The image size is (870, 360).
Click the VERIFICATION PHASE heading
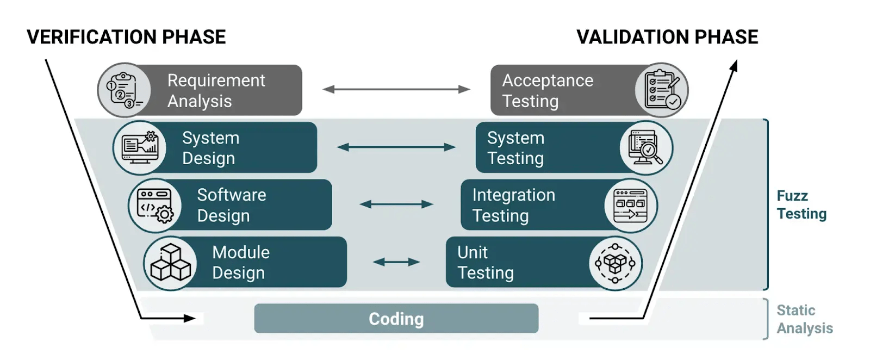(126, 37)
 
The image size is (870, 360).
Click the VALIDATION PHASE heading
(667, 37)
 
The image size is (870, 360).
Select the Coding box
(396, 319)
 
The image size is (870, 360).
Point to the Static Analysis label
(804, 319)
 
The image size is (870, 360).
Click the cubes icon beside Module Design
(170, 263)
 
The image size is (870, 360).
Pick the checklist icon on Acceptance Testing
(661, 90)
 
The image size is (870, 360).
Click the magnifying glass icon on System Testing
(646, 147)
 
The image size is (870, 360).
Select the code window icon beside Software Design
(155, 205)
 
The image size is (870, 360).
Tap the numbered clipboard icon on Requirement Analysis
(124, 90)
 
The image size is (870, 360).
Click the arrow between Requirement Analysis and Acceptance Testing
(396, 89)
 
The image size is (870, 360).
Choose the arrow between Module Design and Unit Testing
(396, 262)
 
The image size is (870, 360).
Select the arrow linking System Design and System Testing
(396, 147)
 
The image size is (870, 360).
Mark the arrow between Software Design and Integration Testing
(396, 204)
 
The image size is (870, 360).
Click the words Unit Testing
(485, 262)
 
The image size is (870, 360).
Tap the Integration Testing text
(513, 205)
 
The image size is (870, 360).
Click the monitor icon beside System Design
(140, 147)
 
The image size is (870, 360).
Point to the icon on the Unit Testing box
(615, 263)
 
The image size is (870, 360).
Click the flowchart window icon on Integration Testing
(630, 205)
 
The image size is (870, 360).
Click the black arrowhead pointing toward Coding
(190, 318)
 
